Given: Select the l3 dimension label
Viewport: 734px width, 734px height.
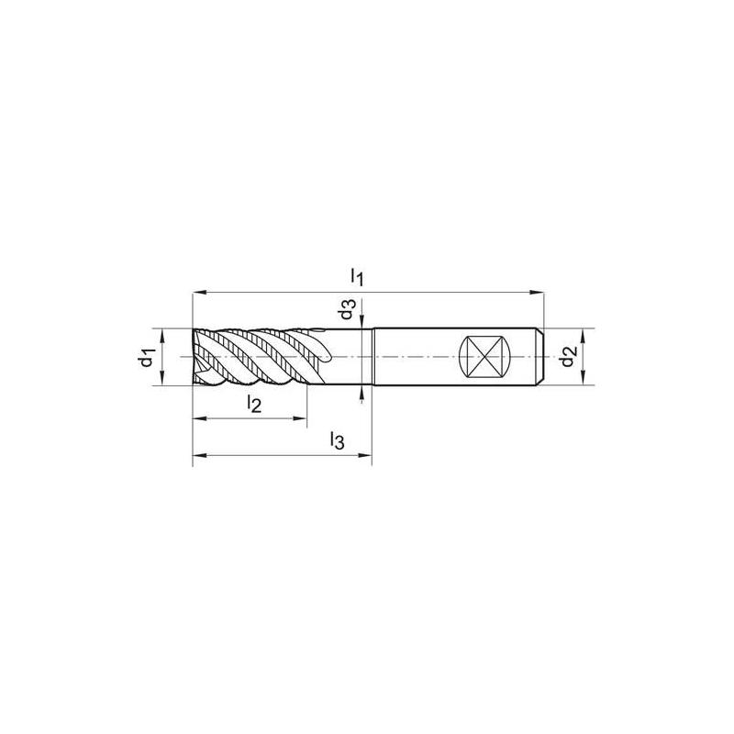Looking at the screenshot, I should (337, 441).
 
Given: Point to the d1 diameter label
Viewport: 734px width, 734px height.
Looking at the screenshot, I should (144, 358).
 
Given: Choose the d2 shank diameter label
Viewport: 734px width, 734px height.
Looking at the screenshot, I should (570, 356).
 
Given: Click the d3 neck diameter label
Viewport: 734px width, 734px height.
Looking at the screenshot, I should (346, 310).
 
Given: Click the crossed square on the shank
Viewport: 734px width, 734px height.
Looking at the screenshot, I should (484, 357).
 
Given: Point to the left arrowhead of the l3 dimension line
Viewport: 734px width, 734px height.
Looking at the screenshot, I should (198, 455).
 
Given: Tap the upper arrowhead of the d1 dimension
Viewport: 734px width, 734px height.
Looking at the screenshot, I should (162, 335).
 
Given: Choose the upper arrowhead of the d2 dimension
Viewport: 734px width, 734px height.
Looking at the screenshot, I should (585, 334).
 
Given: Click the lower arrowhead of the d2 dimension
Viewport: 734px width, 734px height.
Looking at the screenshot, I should (585, 378).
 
